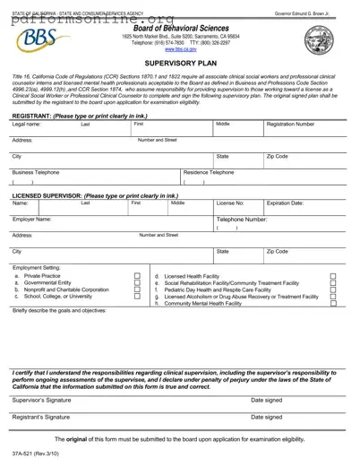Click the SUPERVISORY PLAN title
tap(180, 65)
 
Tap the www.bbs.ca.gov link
tap(179, 50)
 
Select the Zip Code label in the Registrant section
tap(277, 156)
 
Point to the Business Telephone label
tap(36, 171)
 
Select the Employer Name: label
tap(32, 219)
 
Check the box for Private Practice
tap(136, 276)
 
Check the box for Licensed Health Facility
tap(333, 276)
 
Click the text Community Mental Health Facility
tap(203, 304)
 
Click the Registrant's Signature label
tap(41, 417)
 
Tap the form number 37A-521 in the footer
tap(32, 456)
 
